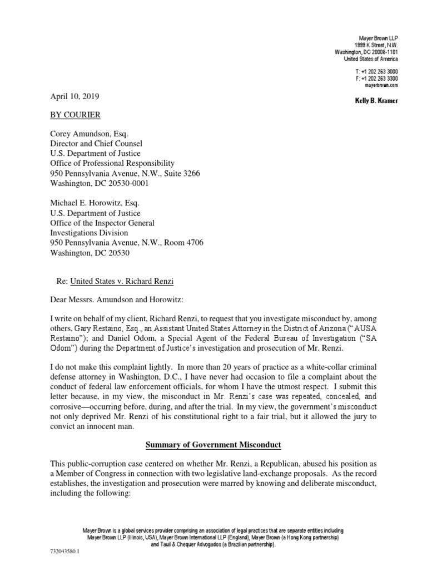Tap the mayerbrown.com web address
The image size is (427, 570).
pos(381,86)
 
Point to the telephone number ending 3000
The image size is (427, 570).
pos(376,72)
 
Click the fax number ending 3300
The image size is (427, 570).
pos(376,80)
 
